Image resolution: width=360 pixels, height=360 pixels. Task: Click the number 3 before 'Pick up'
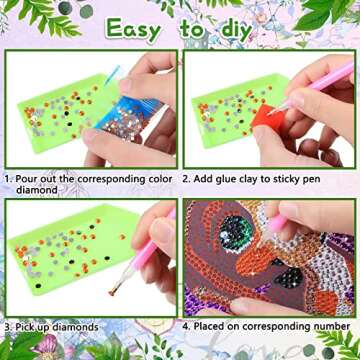click(6, 327)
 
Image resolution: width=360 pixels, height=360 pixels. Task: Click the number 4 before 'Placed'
click(186, 325)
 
